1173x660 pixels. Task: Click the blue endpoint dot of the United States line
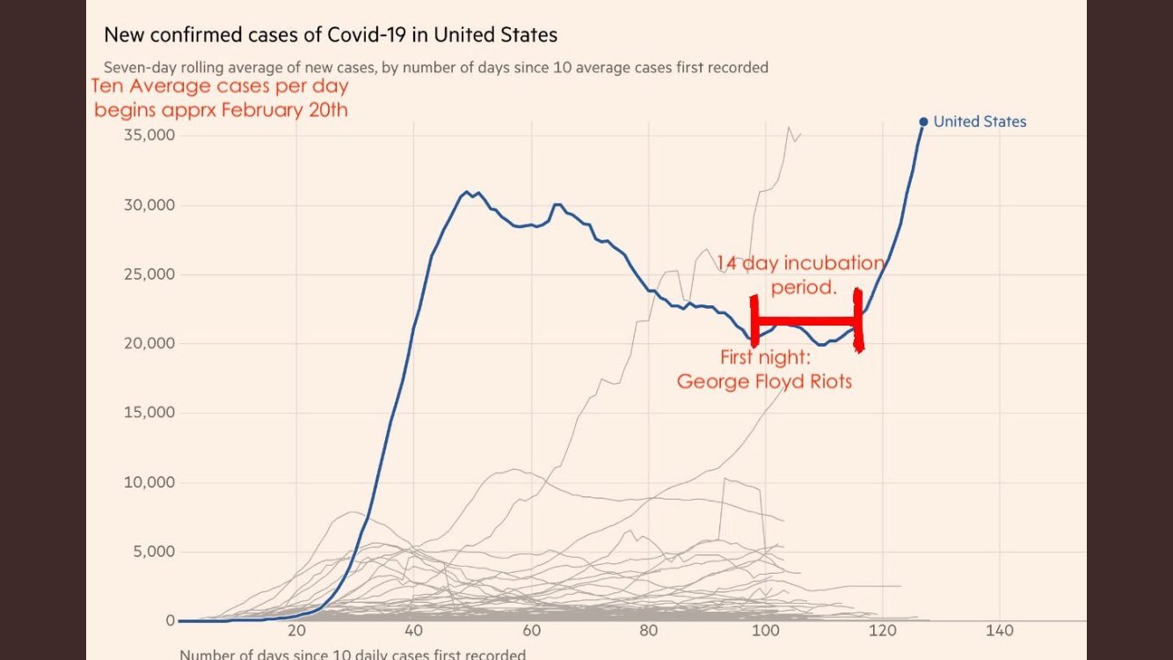pos(923,122)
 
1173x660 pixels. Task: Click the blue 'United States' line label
pos(980,122)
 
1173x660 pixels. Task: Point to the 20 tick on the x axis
pos(296,631)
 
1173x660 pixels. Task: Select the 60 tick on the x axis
pos(531,631)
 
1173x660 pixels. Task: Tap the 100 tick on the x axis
pos(766,631)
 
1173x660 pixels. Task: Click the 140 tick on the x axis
pos(1001,631)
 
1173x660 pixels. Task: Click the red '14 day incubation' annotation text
pos(799,263)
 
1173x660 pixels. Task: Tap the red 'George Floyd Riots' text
pos(764,383)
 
